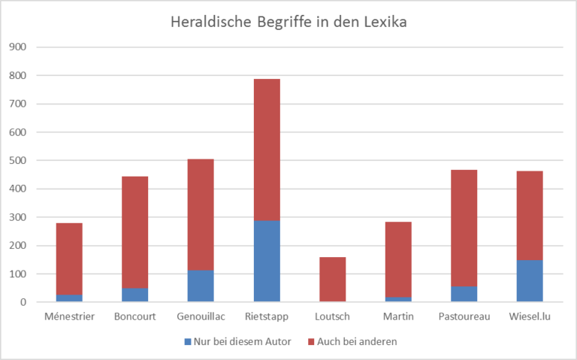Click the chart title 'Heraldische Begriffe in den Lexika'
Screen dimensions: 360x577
[x=288, y=23]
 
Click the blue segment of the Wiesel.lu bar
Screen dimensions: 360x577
[x=530, y=281]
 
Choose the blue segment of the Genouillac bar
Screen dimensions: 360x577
[x=201, y=286]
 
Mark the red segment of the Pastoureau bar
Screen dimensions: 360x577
[x=464, y=228]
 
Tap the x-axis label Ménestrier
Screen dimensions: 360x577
[x=69, y=316]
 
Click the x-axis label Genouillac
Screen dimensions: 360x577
[x=201, y=316]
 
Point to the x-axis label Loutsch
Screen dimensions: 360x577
[x=332, y=316]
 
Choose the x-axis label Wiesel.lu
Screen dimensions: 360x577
[x=530, y=316]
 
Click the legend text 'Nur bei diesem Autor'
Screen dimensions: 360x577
[x=237, y=341]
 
